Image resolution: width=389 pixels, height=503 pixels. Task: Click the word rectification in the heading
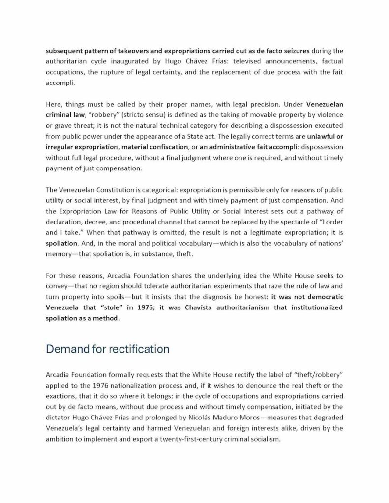tap(139, 349)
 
